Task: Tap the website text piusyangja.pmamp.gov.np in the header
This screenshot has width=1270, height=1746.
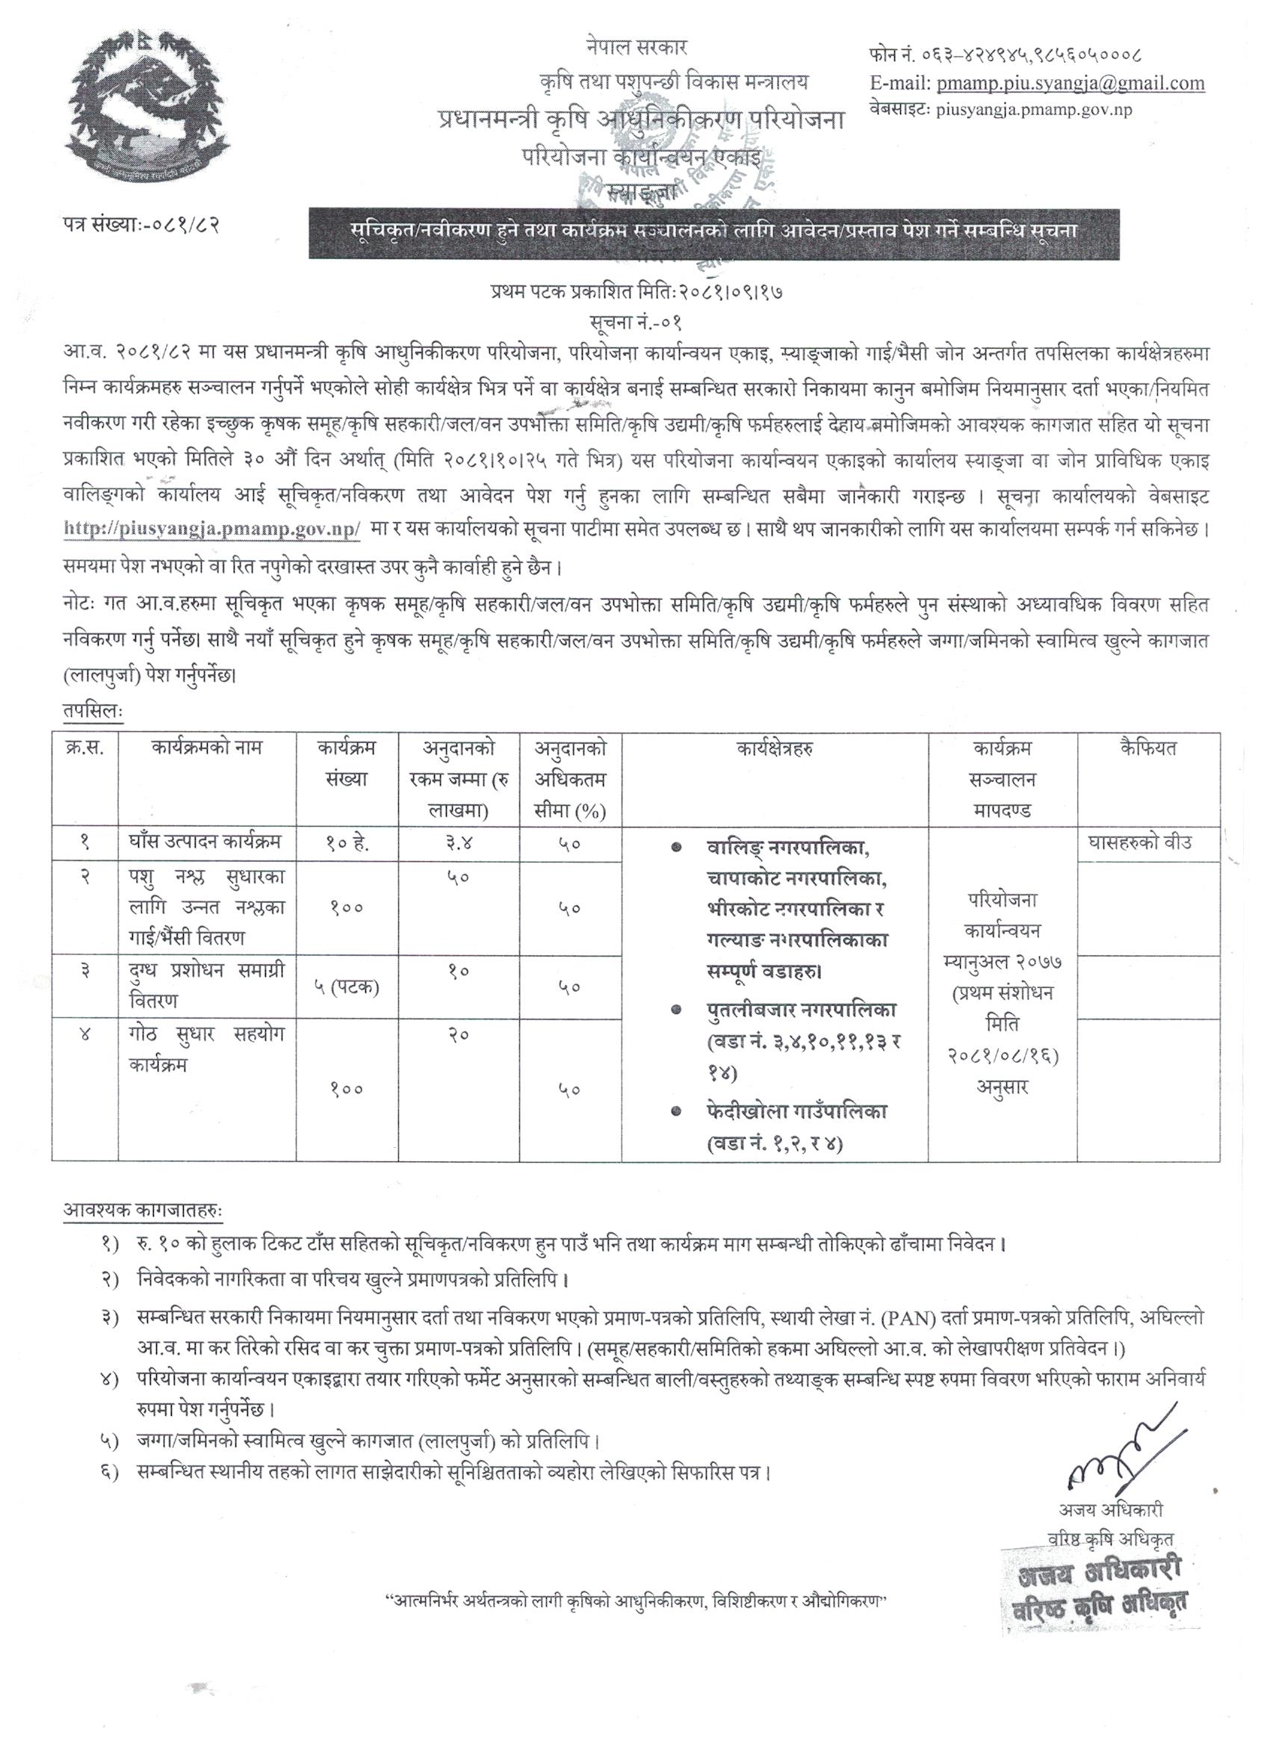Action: (1034, 110)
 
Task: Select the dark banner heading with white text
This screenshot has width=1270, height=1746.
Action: (714, 230)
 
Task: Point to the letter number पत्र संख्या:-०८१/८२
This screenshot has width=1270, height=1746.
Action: (143, 226)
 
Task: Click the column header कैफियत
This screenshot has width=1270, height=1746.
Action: (1148, 748)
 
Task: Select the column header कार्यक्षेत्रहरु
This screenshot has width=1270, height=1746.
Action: (775, 748)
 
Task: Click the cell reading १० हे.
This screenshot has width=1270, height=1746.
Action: (347, 844)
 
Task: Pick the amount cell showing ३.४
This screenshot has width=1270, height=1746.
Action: (457, 844)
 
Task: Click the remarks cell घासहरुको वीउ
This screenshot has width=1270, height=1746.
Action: (1148, 843)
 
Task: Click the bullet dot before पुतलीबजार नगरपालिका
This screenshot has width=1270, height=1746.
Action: (675, 1008)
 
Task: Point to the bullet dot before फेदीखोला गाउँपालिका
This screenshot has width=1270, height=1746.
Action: (675, 1111)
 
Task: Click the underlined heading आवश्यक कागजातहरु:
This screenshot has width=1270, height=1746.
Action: (143, 1211)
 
